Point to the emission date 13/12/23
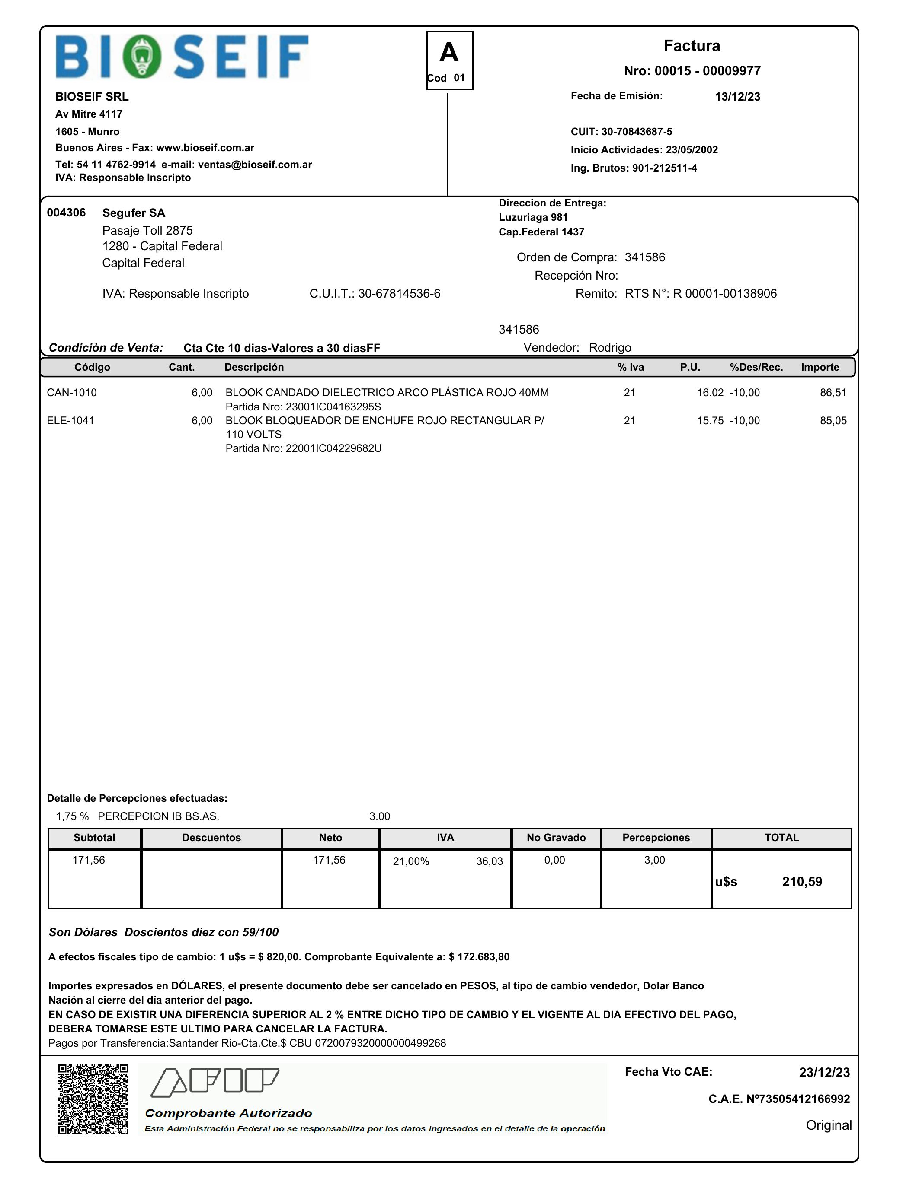[x=737, y=97]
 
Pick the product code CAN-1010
[x=72, y=393]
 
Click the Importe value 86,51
[x=833, y=393]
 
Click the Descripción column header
[x=254, y=367]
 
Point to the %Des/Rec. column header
[x=756, y=367]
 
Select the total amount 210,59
[x=802, y=882]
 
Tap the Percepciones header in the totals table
[x=656, y=838]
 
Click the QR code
[x=93, y=1099]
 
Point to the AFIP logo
[x=215, y=1083]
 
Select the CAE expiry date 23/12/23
[x=824, y=1073]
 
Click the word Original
[x=829, y=1125]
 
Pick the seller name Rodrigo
[x=610, y=348]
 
